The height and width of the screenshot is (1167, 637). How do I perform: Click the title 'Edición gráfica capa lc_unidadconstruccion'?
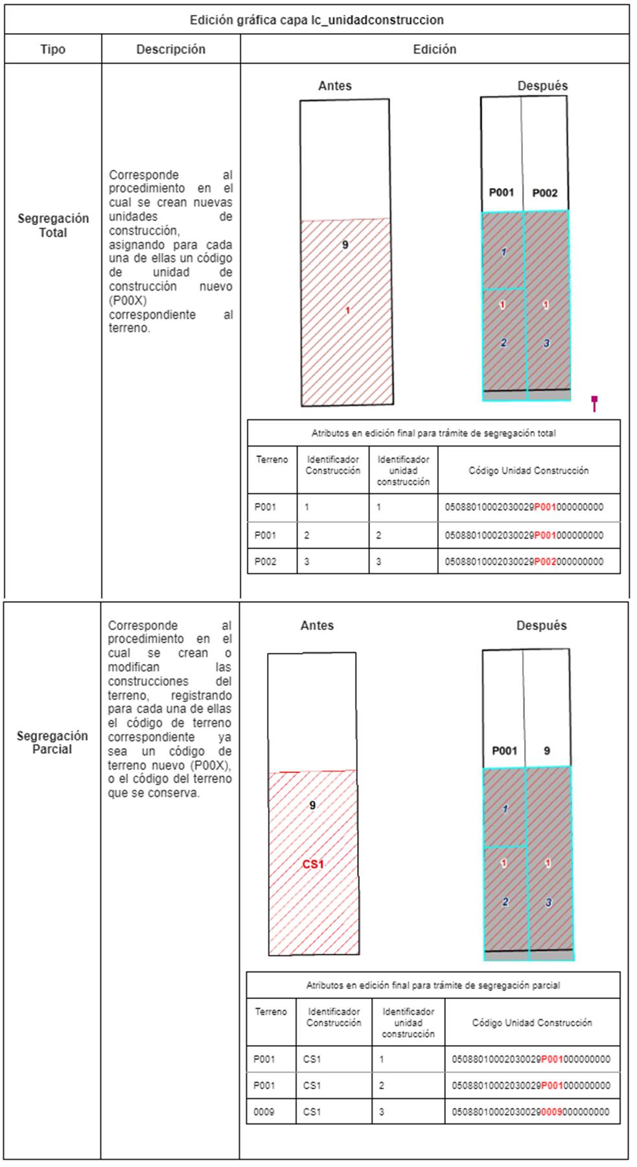316,20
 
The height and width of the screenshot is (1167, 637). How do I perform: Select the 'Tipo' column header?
52,49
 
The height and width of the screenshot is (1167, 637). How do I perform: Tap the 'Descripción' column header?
170,49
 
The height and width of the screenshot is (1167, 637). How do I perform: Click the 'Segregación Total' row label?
53,225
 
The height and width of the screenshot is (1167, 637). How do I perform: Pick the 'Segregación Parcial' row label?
52,742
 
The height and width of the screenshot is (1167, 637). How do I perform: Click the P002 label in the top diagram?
544,193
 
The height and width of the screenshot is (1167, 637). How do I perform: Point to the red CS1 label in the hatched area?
313,864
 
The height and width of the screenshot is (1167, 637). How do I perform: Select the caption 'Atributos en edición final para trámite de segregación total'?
434,433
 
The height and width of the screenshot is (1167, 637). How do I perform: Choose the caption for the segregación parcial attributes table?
433,985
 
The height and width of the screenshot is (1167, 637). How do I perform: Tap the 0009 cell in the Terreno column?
264,1111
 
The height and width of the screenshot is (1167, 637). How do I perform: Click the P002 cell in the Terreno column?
265,561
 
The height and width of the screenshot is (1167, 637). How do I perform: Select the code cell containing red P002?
524,561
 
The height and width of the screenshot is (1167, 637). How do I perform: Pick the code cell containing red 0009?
530,1111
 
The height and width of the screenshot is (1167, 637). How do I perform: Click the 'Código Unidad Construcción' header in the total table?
528,471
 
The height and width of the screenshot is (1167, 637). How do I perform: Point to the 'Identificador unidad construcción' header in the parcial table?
408,1022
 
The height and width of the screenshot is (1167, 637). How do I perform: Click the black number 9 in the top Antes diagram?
345,244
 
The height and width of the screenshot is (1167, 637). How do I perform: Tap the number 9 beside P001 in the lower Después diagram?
547,751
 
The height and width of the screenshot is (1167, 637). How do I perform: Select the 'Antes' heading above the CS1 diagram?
317,626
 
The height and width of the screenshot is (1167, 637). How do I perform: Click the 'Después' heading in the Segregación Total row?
542,86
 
